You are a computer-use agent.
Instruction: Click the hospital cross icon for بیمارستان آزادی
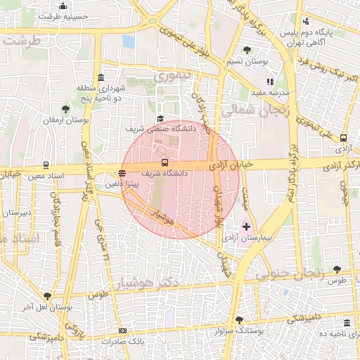pyautogui.click(x=246, y=226)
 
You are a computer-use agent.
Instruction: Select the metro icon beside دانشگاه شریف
pyautogui.click(x=165, y=162)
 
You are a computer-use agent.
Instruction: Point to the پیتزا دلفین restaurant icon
pyautogui.click(x=122, y=173)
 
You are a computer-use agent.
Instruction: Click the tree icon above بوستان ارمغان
pyautogui.click(x=65, y=109)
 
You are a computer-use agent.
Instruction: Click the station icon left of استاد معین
pyautogui.click(x=46, y=166)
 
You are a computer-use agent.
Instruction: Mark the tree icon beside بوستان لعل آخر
pyautogui.click(x=47, y=296)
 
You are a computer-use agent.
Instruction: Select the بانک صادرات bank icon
pyautogui.click(x=123, y=330)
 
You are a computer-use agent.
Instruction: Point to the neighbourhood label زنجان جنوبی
pyautogui.click(x=289, y=274)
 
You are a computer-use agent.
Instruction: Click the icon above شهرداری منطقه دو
pyautogui.click(x=101, y=77)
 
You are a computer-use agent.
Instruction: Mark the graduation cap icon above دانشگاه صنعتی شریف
pyautogui.click(x=160, y=119)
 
